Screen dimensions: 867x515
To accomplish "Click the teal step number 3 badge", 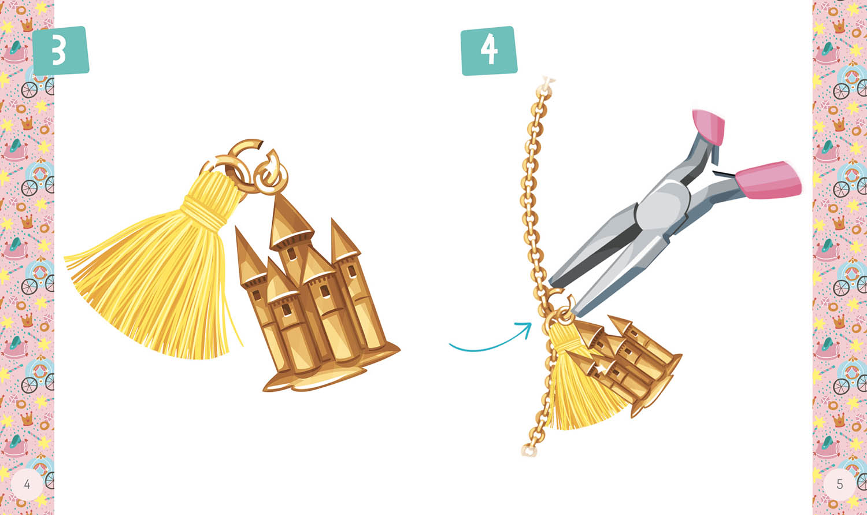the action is pyautogui.click(x=61, y=51).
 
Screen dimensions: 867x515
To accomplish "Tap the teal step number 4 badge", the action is pyautogui.click(x=489, y=51).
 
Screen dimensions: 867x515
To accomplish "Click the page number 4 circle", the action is pyautogui.click(x=27, y=484).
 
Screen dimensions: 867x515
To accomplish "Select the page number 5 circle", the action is pyautogui.click(x=839, y=484).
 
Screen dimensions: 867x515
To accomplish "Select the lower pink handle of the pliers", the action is pyautogui.click(x=768, y=180).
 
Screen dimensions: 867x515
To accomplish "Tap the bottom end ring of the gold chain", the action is pyautogui.click(x=528, y=451).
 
